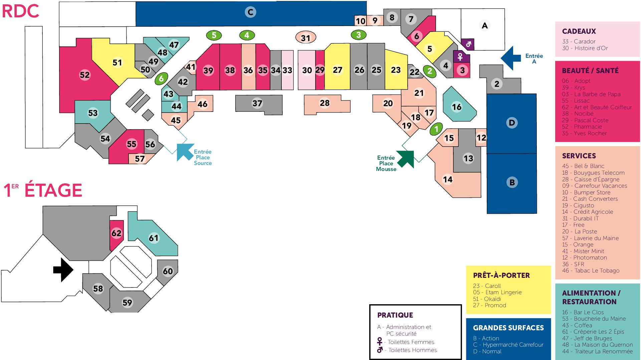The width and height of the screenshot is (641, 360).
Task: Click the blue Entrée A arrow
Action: coord(510,58)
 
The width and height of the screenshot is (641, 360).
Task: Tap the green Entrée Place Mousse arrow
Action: coord(406,159)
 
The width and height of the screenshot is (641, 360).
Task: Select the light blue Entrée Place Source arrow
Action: coord(184,152)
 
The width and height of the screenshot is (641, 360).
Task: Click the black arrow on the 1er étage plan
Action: coord(63,269)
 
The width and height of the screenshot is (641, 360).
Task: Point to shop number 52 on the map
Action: coord(85,75)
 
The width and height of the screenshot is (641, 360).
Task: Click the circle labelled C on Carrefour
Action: coord(250,12)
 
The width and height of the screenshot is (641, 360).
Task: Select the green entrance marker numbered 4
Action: coord(247,35)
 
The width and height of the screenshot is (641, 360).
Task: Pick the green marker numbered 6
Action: coord(161,78)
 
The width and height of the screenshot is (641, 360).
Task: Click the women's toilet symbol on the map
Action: coord(460,57)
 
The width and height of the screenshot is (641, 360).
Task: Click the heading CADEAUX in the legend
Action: coord(579,31)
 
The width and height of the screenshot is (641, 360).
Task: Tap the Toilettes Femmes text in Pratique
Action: coord(411,342)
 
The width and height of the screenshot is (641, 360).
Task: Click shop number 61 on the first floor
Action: coord(154,238)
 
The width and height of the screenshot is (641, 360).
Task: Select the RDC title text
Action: coord(20,11)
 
